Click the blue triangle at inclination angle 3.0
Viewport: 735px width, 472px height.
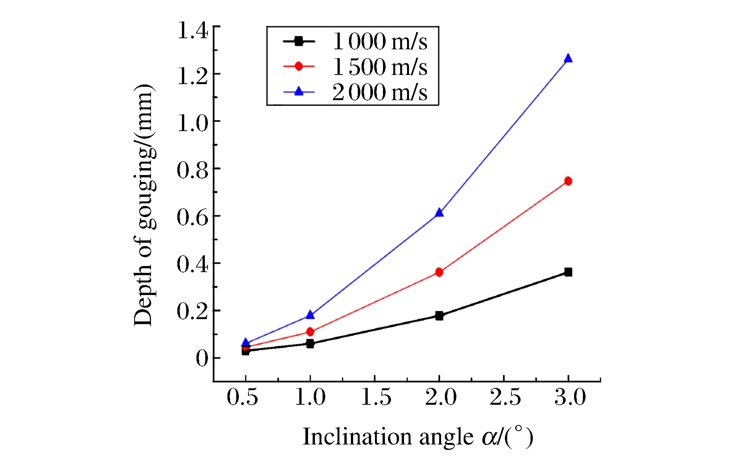click(x=568, y=58)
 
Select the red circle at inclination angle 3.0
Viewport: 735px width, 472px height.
click(x=568, y=181)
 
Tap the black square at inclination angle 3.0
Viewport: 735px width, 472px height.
click(x=568, y=272)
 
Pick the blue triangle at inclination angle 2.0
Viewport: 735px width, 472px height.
click(x=439, y=213)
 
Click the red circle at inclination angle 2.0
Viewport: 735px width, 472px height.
click(x=439, y=272)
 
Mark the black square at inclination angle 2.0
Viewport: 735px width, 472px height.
click(x=439, y=316)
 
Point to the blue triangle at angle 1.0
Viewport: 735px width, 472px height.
click(x=310, y=315)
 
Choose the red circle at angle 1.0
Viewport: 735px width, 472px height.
click(x=310, y=332)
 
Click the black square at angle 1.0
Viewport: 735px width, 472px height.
click(x=310, y=344)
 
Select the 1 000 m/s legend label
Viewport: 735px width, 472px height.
click(x=380, y=41)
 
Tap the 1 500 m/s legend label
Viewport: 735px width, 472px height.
click(x=380, y=67)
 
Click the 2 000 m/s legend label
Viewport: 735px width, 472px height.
click(x=380, y=92)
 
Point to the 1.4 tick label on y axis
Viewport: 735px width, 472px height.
click(x=193, y=31)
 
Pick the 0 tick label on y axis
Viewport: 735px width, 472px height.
click(x=202, y=358)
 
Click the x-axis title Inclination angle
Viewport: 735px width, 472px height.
click(x=417, y=437)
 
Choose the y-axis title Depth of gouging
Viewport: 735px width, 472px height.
click(x=144, y=205)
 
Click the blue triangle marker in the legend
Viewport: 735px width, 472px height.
click(x=299, y=91)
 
